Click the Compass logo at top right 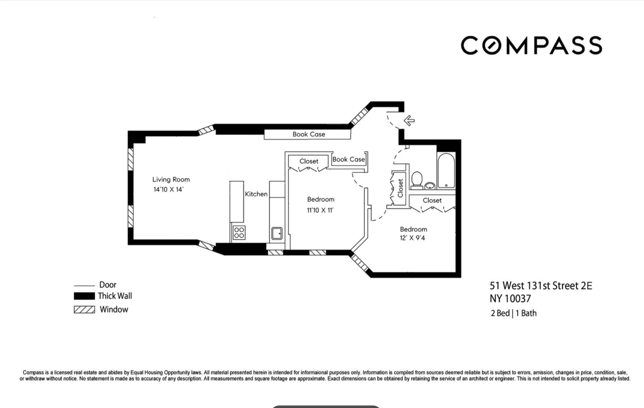pyautogui.click(x=531, y=46)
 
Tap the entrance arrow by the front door pyautogui.click(x=409, y=120)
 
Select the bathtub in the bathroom pyautogui.click(x=446, y=170)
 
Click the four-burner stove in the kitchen pyautogui.click(x=239, y=233)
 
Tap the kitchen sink pyautogui.click(x=277, y=233)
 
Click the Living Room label pyautogui.click(x=171, y=179)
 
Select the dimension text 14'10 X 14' pyautogui.click(x=168, y=190)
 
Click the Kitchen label pyautogui.click(x=256, y=194)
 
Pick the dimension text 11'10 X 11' pyautogui.click(x=320, y=210)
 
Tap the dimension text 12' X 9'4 pyautogui.click(x=412, y=238)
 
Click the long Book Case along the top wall pyautogui.click(x=308, y=134)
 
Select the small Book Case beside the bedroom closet pyautogui.click(x=348, y=159)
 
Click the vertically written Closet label pyautogui.click(x=400, y=188)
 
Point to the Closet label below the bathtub pyautogui.click(x=432, y=200)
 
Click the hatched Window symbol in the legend pyautogui.click(x=84, y=309)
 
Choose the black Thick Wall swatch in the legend pyautogui.click(x=84, y=296)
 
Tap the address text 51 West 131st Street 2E pyautogui.click(x=540, y=286)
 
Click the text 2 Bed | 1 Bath pyautogui.click(x=513, y=313)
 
